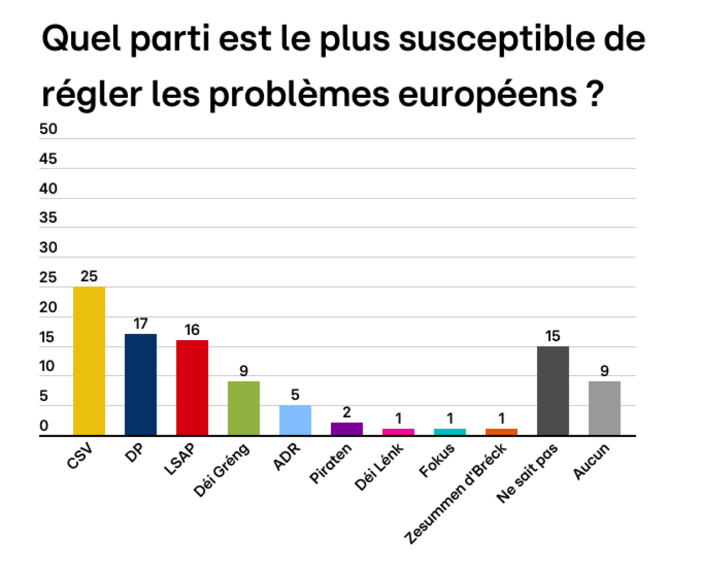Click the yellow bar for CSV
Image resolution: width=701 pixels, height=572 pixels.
pyautogui.click(x=89, y=361)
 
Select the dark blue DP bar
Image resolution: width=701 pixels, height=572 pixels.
pyautogui.click(x=140, y=384)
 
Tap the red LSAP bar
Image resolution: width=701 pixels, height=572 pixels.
pyautogui.click(x=192, y=388)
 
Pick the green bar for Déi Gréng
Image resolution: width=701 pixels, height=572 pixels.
pyautogui.click(x=243, y=408)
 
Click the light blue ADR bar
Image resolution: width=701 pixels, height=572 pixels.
pyautogui.click(x=295, y=420)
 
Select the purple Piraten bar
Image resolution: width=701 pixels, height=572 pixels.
pyautogui.click(x=346, y=429)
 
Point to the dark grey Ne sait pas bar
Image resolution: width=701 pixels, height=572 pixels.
pyautogui.click(x=553, y=390)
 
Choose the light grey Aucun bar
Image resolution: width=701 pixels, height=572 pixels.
pyautogui.click(x=604, y=408)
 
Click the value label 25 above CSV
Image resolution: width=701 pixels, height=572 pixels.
pyautogui.click(x=89, y=277)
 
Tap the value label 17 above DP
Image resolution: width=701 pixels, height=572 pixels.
pyautogui.click(x=140, y=324)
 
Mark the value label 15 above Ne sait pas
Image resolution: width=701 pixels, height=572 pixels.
pyautogui.click(x=553, y=336)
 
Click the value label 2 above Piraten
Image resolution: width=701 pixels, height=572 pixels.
pyautogui.click(x=346, y=412)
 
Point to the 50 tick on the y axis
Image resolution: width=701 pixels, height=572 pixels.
pyautogui.click(x=48, y=129)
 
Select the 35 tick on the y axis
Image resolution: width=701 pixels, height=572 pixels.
pyautogui.click(x=48, y=218)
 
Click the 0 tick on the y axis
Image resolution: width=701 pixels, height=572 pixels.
pyautogui.click(x=44, y=426)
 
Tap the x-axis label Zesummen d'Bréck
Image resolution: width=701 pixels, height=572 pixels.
pyautogui.click(x=456, y=495)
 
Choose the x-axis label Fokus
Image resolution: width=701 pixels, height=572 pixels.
pyautogui.click(x=438, y=460)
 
